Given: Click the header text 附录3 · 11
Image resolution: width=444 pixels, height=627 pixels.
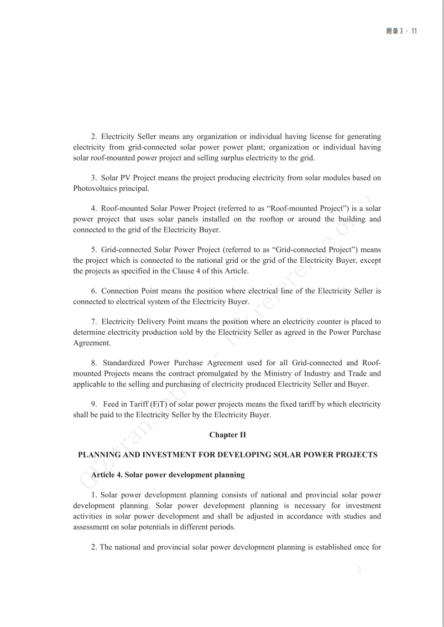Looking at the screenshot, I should (x=401, y=31).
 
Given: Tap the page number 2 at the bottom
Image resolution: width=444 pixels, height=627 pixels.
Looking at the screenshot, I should (x=359, y=569).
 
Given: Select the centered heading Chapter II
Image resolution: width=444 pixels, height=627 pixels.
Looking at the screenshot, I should (x=227, y=435).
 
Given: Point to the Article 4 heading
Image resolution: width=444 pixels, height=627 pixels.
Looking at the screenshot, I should (x=168, y=475).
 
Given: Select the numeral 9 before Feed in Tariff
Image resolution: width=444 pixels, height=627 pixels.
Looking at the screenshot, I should (x=93, y=405).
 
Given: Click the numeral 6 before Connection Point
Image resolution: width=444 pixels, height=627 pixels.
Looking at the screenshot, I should (x=93, y=291).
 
